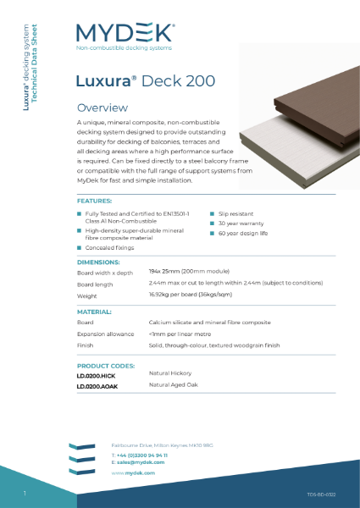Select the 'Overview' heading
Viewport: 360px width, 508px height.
102,108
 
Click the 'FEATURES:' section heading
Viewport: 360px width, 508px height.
94,202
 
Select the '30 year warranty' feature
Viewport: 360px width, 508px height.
237,222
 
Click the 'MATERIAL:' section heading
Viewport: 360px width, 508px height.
96,313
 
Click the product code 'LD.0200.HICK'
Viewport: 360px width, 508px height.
96,375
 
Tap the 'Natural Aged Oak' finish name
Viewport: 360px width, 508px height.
173,386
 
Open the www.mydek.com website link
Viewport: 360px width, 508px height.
132,472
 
